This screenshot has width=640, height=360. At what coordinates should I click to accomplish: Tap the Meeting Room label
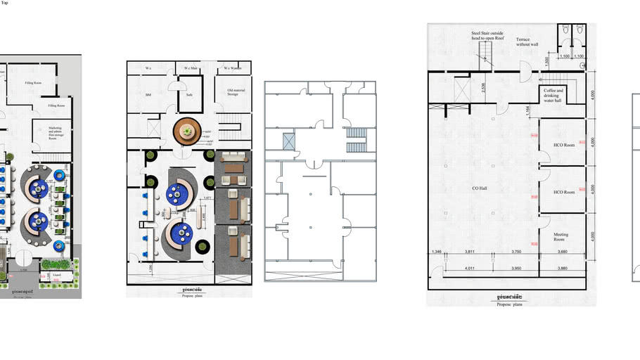(561, 237)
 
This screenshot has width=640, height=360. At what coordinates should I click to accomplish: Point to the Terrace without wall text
(527, 42)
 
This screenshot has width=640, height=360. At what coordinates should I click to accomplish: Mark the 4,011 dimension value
(471, 269)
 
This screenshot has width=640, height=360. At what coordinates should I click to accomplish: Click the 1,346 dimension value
(437, 252)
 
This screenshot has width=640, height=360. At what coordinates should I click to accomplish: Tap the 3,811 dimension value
(471, 252)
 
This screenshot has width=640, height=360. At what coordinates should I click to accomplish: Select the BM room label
(148, 94)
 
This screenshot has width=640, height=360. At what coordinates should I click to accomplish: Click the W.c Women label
(233, 68)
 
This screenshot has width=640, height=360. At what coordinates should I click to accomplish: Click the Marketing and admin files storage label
(56, 134)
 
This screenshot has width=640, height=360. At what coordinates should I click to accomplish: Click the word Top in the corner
(5, 4)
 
